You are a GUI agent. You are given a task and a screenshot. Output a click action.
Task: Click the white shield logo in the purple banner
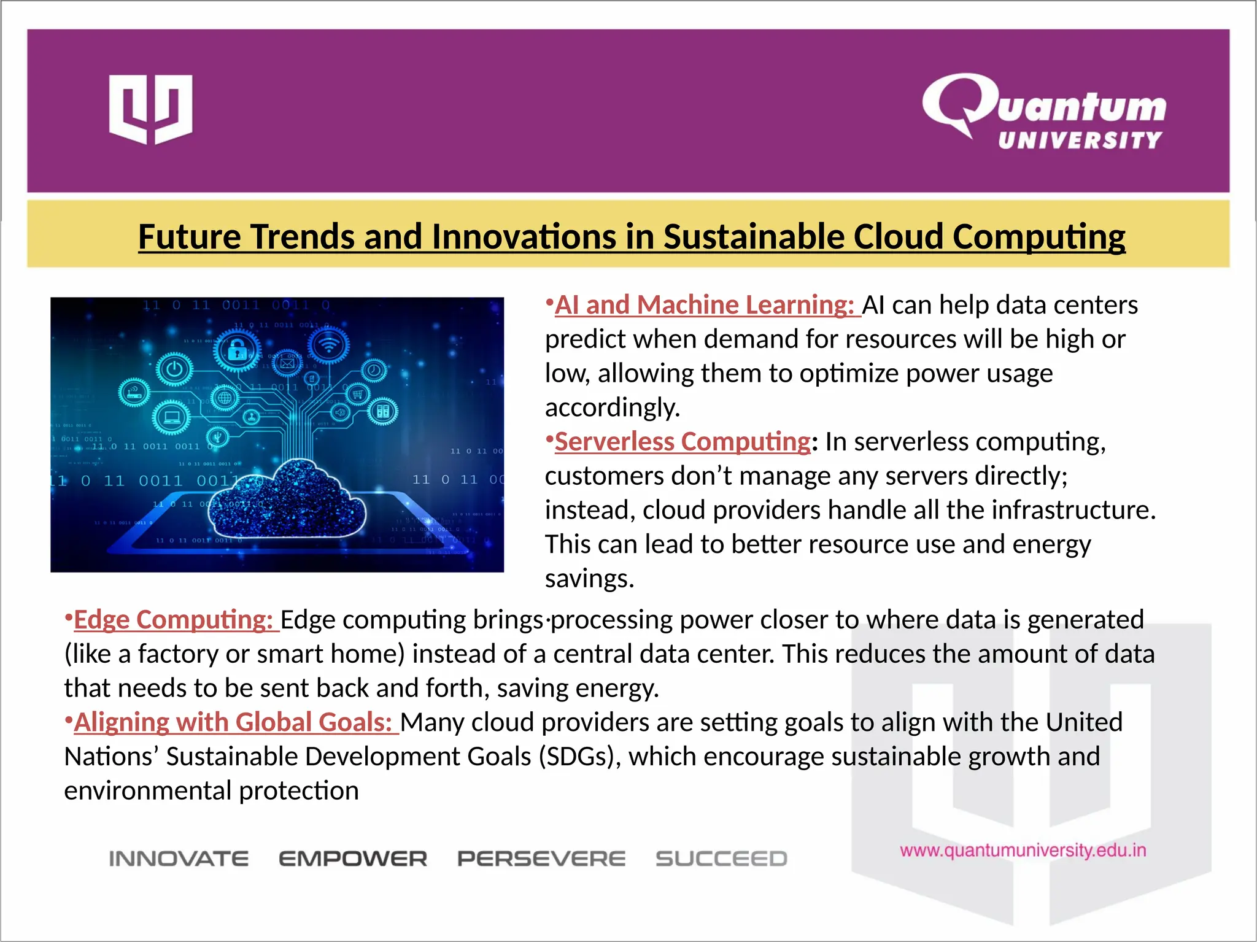tap(150, 109)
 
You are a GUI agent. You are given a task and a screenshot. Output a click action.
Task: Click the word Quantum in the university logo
tap(1043, 104)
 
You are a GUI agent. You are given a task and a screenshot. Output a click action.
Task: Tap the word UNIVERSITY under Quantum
tap(1080, 141)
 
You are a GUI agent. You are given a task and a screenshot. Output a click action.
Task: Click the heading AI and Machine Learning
tap(704, 305)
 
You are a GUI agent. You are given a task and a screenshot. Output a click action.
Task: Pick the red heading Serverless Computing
tap(683, 442)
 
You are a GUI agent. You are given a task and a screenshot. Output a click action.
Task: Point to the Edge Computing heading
tap(172, 620)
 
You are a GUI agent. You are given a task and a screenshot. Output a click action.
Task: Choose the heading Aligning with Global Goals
tap(233, 722)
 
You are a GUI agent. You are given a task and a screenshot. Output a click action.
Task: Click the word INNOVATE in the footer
tap(179, 859)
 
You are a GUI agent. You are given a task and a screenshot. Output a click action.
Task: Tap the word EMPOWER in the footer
tap(353, 859)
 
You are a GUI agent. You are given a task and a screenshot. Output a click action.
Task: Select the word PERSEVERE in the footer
tap(541, 859)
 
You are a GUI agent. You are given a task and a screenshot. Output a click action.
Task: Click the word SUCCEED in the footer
tap(721, 859)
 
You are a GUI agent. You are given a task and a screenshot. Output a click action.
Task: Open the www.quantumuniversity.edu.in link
tap(1023, 851)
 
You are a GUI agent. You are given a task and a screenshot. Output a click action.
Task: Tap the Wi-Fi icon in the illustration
tap(329, 346)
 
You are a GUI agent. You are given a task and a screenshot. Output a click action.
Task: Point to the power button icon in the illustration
tap(175, 369)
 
